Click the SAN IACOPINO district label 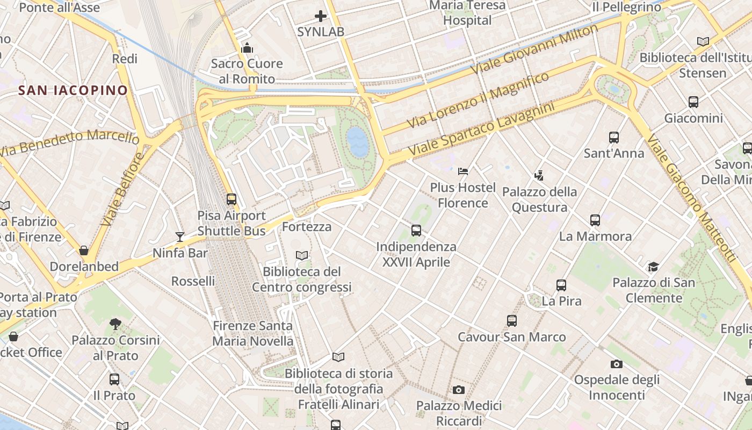click(x=73, y=90)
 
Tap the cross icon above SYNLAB click(x=321, y=16)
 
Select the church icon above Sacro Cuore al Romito click(x=247, y=48)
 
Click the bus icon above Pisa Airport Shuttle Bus click(x=232, y=199)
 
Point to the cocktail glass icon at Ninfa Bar click(x=179, y=237)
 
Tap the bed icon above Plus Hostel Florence click(x=463, y=171)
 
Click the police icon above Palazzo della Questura click(x=539, y=175)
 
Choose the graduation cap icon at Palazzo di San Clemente click(x=653, y=267)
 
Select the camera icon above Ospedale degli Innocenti click(x=617, y=364)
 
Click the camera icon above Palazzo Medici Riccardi click(x=458, y=390)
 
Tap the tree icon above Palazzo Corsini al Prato click(x=115, y=324)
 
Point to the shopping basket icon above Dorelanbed click(x=84, y=250)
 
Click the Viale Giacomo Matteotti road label click(x=691, y=199)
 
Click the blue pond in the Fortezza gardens click(x=358, y=141)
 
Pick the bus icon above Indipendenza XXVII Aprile click(x=416, y=231)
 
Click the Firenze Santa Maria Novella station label click(x=253, y=333)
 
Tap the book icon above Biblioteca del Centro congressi click(x=302, y=255)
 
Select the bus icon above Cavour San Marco click(x=512, y=321)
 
